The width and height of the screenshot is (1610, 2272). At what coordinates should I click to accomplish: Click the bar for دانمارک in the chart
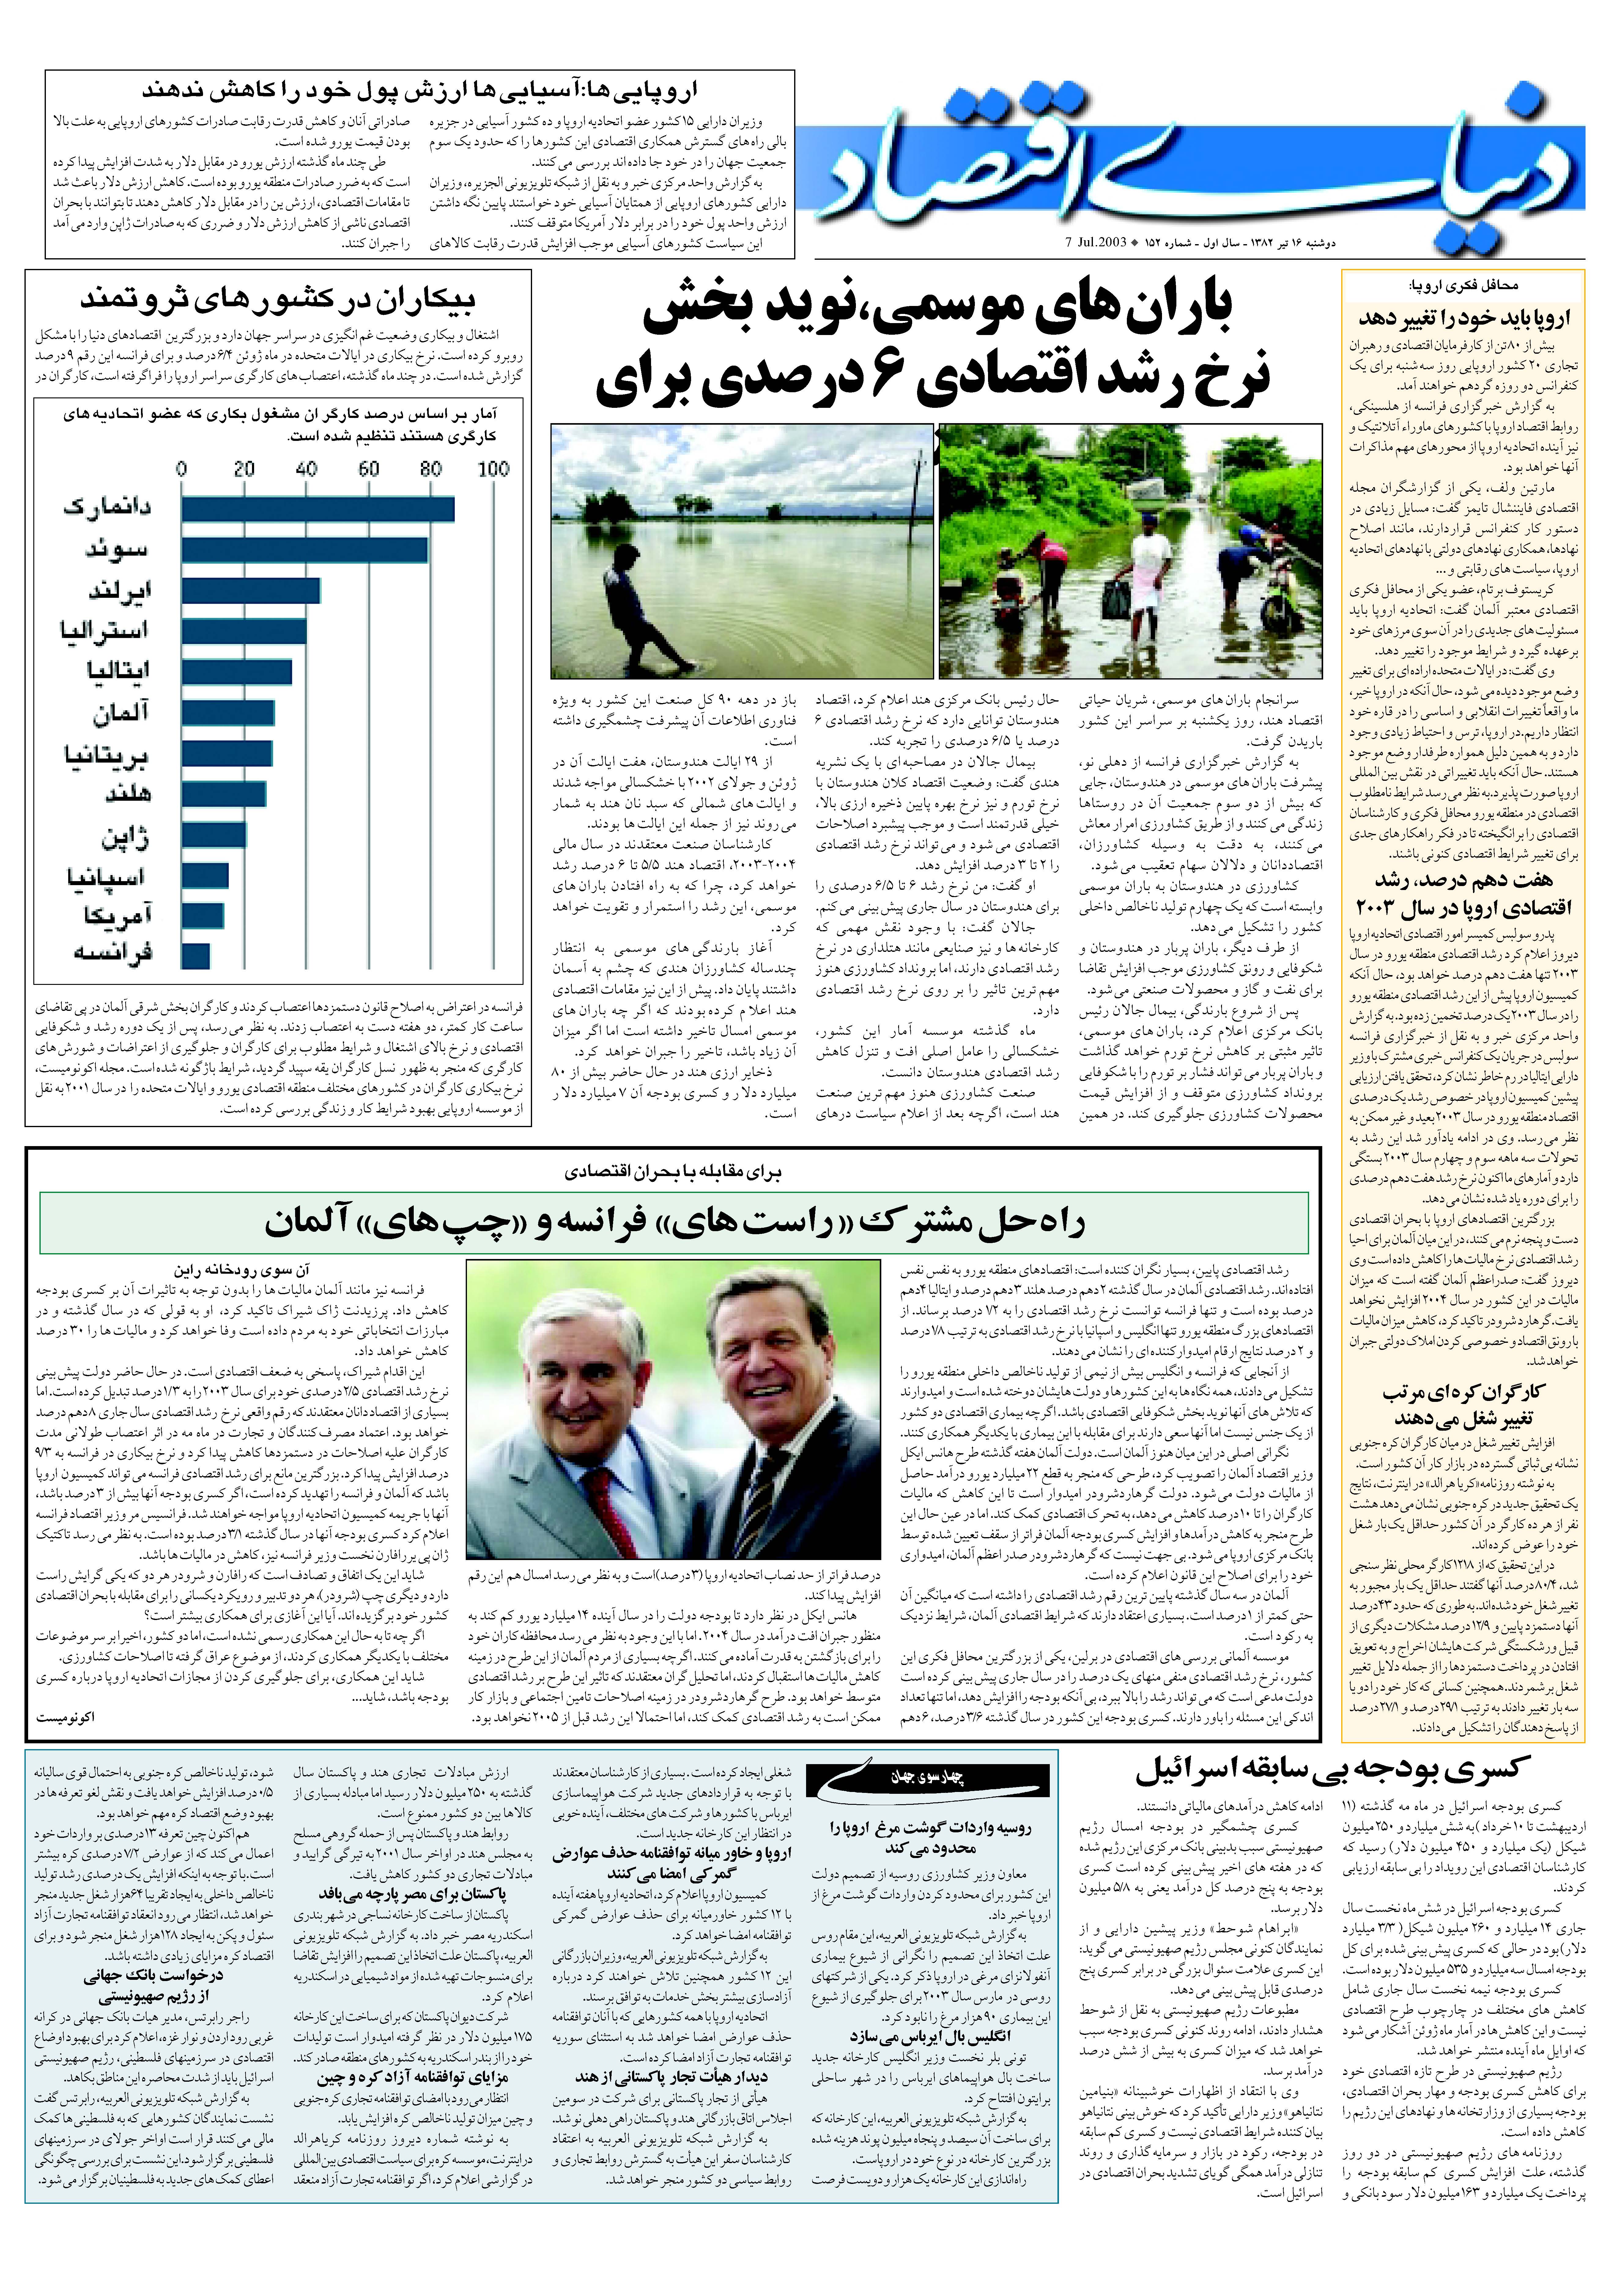pos(317,509)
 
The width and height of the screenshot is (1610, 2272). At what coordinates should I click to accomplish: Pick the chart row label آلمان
pos(121,712)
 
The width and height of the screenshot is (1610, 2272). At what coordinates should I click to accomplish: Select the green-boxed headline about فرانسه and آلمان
pos(674,1223)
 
